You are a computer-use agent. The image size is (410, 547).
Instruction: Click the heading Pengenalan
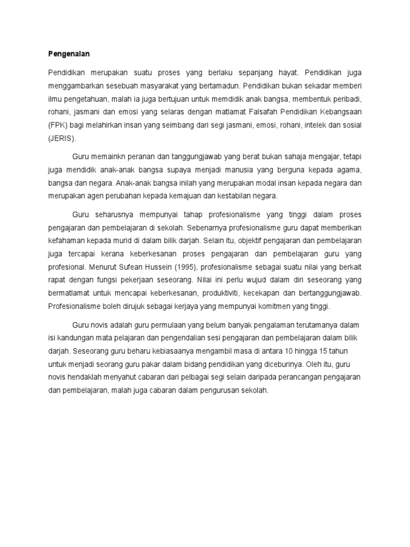tap(68, 54)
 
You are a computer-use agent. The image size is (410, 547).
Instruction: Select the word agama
tap(350, 170)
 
